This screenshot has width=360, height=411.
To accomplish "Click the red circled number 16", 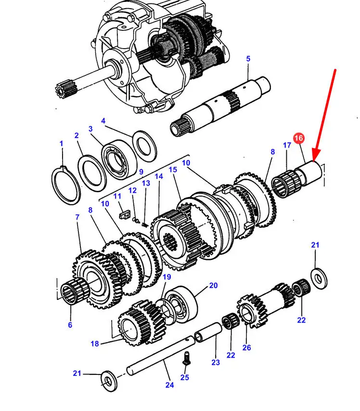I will pyautogui.click(x=298, y=138).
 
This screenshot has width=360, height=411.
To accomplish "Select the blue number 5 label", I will pyautogui.click(x=248, y=59).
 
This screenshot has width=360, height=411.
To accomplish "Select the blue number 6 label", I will pyautogui.click(x=70, y=325).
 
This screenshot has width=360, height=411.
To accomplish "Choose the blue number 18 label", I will pyautogui.click(x=95, y=344).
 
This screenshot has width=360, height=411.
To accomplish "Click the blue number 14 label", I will pyautogui.click(x=159, y=176).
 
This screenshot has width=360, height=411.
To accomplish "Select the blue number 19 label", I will pyautogui.click(x=167, y=277).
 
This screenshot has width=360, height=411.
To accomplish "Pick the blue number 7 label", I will pyautogui.click(x=77, y=218).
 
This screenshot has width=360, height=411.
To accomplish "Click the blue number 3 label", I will pyautogui.click(x=90, y=129).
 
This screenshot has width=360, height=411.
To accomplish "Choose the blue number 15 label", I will pyautogui.click(x=173, y=170).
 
